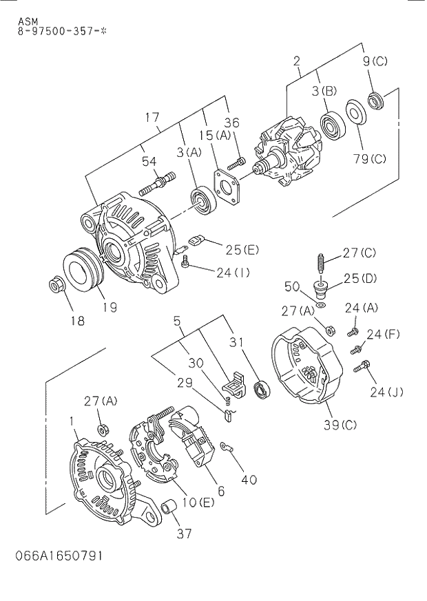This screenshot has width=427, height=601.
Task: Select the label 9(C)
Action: pos(375,61)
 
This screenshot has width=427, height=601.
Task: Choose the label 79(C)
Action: pos(369,159)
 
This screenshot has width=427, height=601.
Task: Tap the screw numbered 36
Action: pos(236,163)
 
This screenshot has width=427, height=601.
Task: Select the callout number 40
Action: pos(248,479)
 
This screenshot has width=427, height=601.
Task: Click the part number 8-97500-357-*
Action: pos(63,31)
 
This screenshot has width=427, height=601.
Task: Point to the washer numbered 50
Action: pos(321,303)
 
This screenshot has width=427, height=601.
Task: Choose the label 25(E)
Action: pos(242,249)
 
